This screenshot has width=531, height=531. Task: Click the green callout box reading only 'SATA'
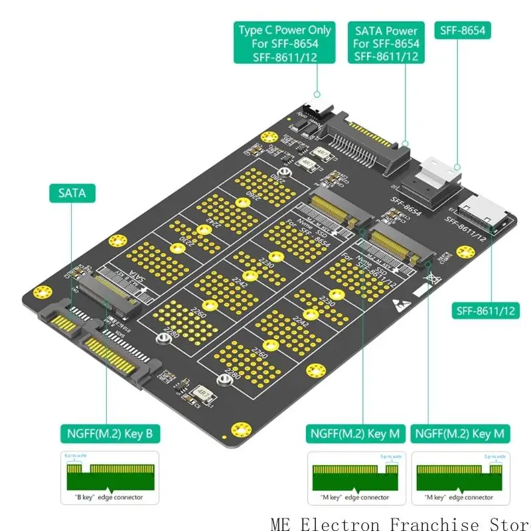[x=72, y=193]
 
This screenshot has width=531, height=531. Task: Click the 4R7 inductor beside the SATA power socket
[x=308, y=162]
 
